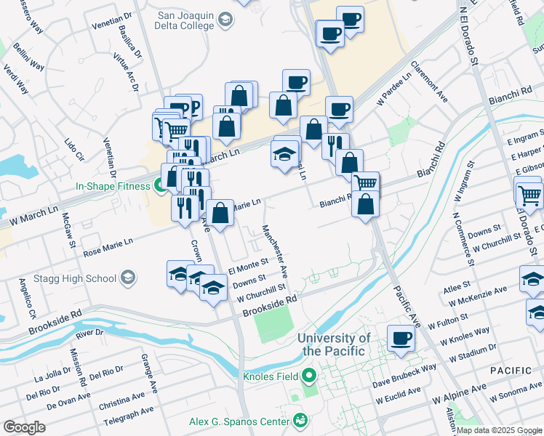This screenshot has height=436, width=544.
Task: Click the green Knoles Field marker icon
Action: click(309, 376)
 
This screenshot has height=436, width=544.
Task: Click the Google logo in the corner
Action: click(24, 427)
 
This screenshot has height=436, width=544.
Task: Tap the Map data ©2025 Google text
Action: click(498, 430)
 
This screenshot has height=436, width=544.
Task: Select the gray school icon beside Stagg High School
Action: click(128, 278)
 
